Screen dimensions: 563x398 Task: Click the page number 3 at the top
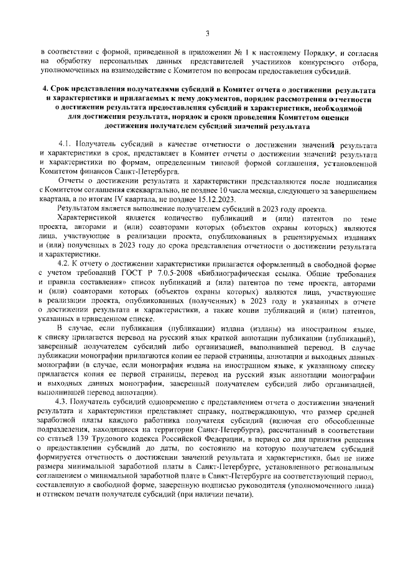207,33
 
